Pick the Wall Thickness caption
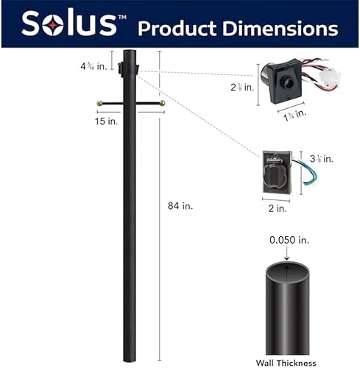pyautogui.click(x=286, y=362)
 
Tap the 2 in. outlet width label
pyautogui.click(x=277, y=208)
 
